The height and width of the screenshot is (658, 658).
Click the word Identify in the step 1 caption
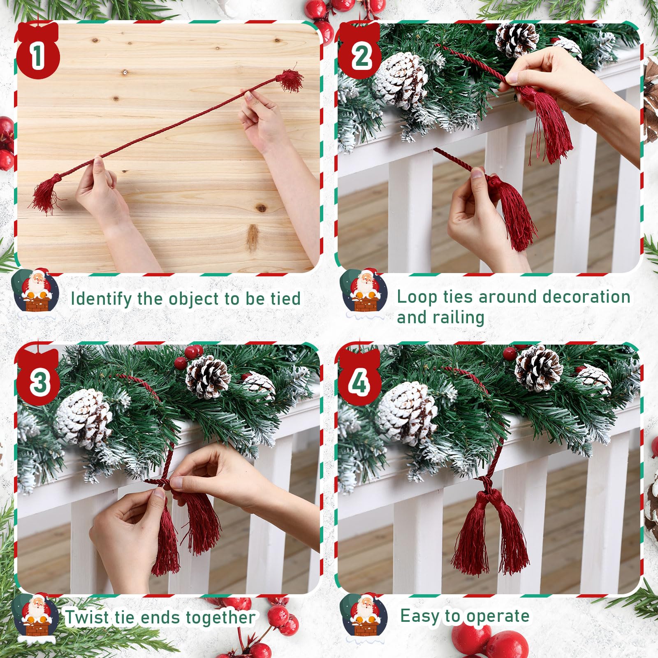click(x=101, y=299)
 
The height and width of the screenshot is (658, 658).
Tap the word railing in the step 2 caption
click(x=461, y=318)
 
